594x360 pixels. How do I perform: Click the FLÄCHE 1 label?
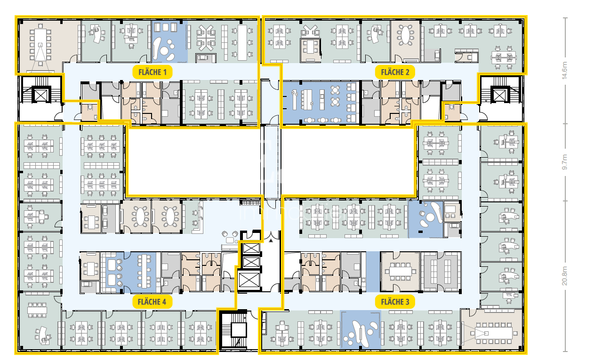(x=152, y=72)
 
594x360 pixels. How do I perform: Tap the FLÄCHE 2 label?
(x=395, y=72)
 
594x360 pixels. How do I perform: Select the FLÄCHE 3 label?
(x=395, y=302)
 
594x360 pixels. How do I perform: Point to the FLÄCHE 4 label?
(x=152, y=302)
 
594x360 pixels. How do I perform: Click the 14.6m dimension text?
(x=564, y=71)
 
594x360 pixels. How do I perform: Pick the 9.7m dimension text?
(x=564, y=162)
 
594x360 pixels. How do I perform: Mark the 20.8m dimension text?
(x=564, y=276)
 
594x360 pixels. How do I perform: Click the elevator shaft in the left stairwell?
(x=41, y=95)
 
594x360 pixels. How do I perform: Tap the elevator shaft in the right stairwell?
(x=499, y=95)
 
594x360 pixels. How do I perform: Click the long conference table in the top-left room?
(x=40, y=45)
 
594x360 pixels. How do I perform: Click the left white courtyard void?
(x=194, y=162)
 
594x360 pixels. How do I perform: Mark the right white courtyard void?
(x=348, y=162)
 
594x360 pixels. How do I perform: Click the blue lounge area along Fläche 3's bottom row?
(x=361, y=330)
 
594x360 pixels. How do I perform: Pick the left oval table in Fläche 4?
(x=140, y=216)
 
